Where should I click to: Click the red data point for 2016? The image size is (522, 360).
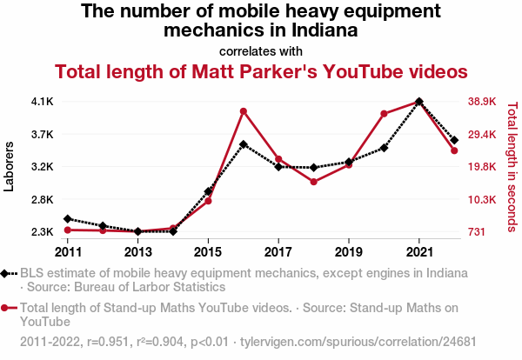pos(244,111)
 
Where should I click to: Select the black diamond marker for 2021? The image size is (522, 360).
pos(419,102)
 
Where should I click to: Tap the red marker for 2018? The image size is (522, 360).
pos(313,182)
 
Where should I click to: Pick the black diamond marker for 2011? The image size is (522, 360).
pos(68,219)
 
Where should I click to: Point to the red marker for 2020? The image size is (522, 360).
pos(384,114)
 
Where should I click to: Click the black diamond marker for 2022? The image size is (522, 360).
pos(454,140)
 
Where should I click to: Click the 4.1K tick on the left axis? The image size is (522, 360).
pos(43,102)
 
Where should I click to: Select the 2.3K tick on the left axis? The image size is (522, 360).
pos(43,232)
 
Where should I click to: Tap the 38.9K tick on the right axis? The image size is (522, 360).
pos(482,102)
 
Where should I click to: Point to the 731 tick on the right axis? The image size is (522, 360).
pos(476,232)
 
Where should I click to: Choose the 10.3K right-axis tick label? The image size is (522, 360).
pos(482,200)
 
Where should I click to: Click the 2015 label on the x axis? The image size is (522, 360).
pos(208,251)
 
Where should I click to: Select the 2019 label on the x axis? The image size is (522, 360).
pos(349,251)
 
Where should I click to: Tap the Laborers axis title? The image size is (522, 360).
pos(10,167)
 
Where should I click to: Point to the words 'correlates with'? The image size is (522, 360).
pos(261,50)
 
